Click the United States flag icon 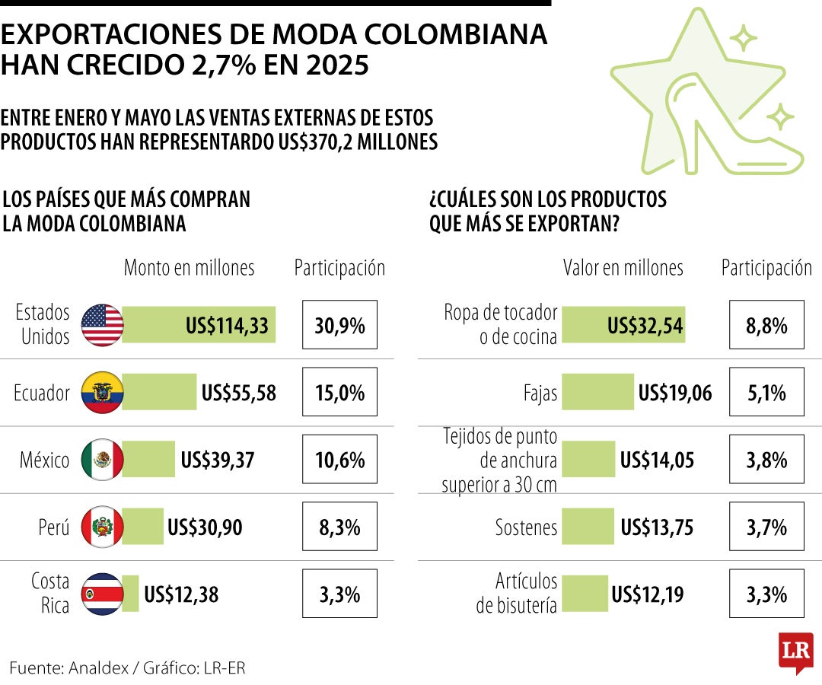click(102, 326)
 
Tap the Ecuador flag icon click(102, 393)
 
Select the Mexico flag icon click(102, 460)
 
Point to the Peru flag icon click(102, 527)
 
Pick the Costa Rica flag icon click(102, 594)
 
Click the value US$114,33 click(227, 327)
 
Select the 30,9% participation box click(339, 327)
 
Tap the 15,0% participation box click(339, 393)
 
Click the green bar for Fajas click(597, 393)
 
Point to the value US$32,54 click(645, 327)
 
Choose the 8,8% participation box click(766, 327)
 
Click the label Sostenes click(526, 527)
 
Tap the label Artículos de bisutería click(517, 594)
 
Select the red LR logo click(795, 652)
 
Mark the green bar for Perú click(142, 527)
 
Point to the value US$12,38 click(181, 594)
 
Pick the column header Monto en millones click(189, 268)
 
